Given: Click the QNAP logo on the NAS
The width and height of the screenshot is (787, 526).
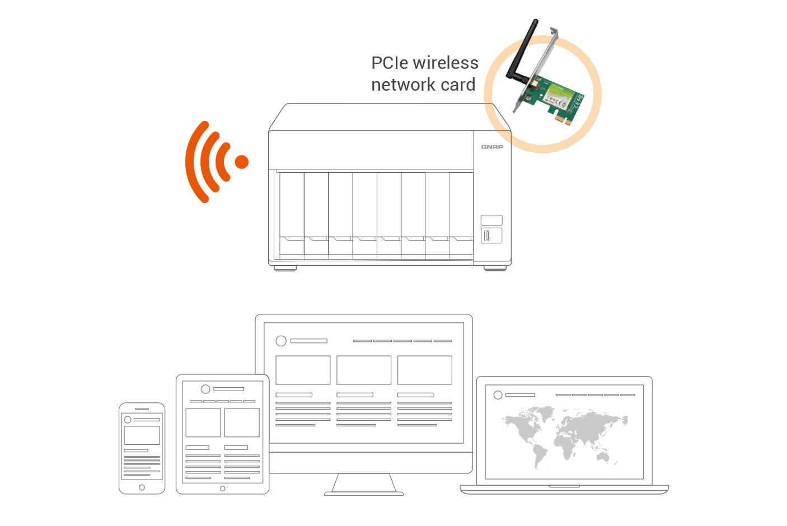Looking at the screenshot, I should tap(492, 147).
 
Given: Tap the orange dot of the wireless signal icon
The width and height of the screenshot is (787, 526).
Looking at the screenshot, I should tap(242, 162).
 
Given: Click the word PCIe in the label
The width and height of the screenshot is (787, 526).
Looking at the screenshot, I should tap(390, 63).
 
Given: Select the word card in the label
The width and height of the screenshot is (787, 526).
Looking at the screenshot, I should tap(458, 85).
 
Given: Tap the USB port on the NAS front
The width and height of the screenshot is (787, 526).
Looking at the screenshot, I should tap(486, 236).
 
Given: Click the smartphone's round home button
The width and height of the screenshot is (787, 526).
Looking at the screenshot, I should tap(142, 487).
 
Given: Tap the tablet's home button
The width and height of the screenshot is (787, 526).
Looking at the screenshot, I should tap(222, 489).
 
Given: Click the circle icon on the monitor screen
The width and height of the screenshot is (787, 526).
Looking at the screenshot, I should tap(281, 341).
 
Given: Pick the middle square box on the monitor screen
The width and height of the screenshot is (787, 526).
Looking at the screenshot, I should tap(364, 370).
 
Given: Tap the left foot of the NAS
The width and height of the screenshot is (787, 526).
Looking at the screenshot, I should tap(285, 269).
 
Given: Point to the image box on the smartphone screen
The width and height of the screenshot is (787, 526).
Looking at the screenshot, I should tap(142, 435).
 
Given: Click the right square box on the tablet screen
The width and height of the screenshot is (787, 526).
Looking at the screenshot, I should tap(242, 422).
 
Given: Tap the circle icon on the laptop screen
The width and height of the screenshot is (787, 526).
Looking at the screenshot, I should tap(498, 395).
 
